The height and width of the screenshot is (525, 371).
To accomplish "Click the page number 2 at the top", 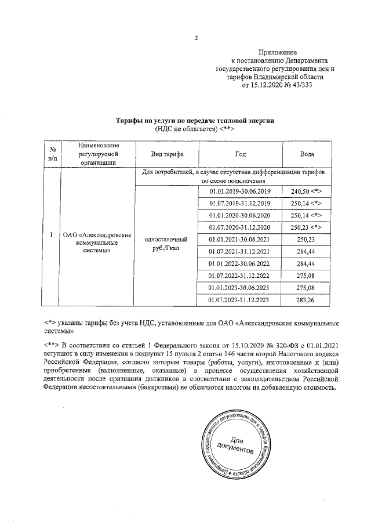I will point(196,39).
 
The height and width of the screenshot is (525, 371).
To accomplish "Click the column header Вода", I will point(307,154).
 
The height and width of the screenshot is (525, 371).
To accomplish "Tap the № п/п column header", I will point(53,154).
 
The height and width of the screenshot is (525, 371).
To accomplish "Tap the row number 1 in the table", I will point(53,235).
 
